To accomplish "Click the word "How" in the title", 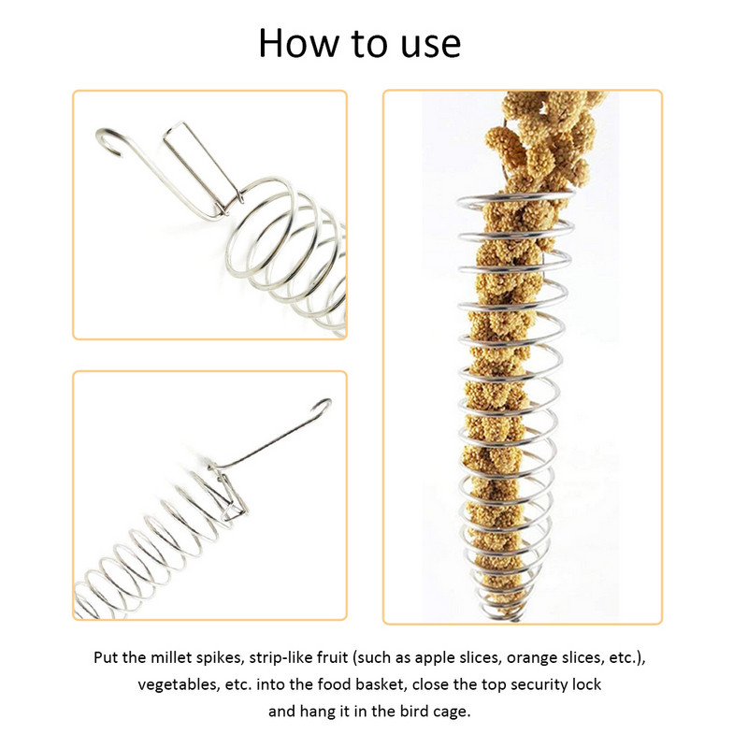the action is pos(298,43).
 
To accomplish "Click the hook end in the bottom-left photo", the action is pos(322,407).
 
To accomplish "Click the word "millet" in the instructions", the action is pos(172,657).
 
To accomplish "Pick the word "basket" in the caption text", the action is pos(381,684).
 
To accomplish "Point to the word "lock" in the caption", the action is pos(587,684).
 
